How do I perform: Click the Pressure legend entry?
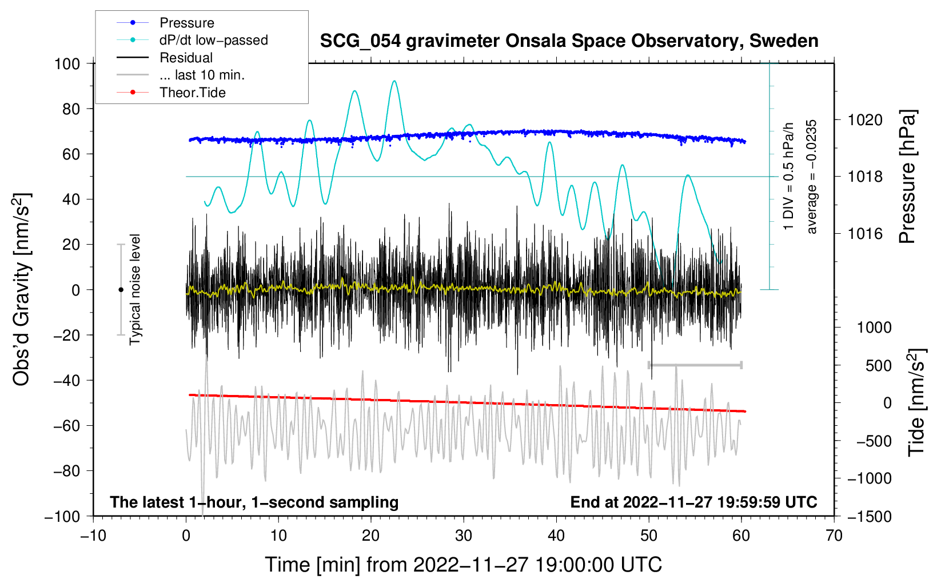coord(186,23)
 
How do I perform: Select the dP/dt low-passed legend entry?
coord(213,40)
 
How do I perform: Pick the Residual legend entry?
coord(186,58)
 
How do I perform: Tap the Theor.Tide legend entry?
coord(192,93)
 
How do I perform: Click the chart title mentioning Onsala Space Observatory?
coord(569,41)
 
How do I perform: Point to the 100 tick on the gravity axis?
coord(67,63)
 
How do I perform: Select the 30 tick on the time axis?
coord(464,536)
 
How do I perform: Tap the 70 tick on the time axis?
coord(834,536)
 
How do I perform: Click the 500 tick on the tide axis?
coord(879,365)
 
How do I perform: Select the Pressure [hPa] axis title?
coord(908,177)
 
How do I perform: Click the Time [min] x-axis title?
coord(463,565)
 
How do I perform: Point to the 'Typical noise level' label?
coord(135,289)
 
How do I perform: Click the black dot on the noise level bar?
coord(121,290)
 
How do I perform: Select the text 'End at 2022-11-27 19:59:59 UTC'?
coord(693,502)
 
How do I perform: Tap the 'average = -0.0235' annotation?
coord(812,177)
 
